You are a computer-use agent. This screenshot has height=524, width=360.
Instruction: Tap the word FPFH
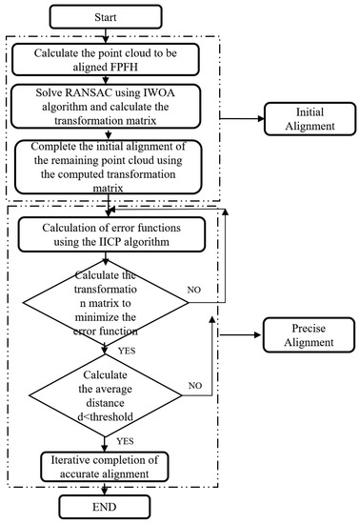(x=190, y=67)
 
